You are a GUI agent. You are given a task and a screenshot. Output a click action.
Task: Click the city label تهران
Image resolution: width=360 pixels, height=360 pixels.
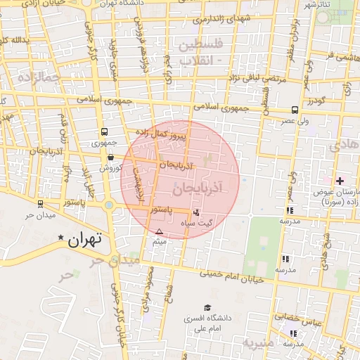pyautogui.click(x=85, y=239)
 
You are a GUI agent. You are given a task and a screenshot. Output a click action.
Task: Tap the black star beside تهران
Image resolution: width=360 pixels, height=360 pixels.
pyautogui.click(x=61, y=239)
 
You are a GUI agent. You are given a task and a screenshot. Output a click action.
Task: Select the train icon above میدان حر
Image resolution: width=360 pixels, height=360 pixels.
pyautogui.click(x=39, y=204)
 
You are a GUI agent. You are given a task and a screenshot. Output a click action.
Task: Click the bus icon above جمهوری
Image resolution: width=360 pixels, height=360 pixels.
pyautogui.click(x=104, y=131)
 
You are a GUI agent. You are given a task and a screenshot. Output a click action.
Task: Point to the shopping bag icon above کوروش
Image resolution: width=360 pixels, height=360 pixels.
pyautogui.click(x=111, y=158)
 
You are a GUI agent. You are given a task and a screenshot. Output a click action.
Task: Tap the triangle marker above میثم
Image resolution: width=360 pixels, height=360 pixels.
pyautogui.click(x=159, y=231)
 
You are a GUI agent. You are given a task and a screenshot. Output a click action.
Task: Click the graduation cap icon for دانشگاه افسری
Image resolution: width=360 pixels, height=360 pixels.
pyautogui.click(x=207, y=307)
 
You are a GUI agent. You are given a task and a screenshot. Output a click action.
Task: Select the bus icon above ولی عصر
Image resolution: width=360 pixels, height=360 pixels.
pyautogui.click(x=294, y=110)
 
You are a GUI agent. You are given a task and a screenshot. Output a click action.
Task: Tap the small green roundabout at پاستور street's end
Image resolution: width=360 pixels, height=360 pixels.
pyautogui.click(x=109, y=205)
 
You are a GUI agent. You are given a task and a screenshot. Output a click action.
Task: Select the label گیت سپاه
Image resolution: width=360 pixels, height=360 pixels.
pyautogui.click(x=197, y=222)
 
